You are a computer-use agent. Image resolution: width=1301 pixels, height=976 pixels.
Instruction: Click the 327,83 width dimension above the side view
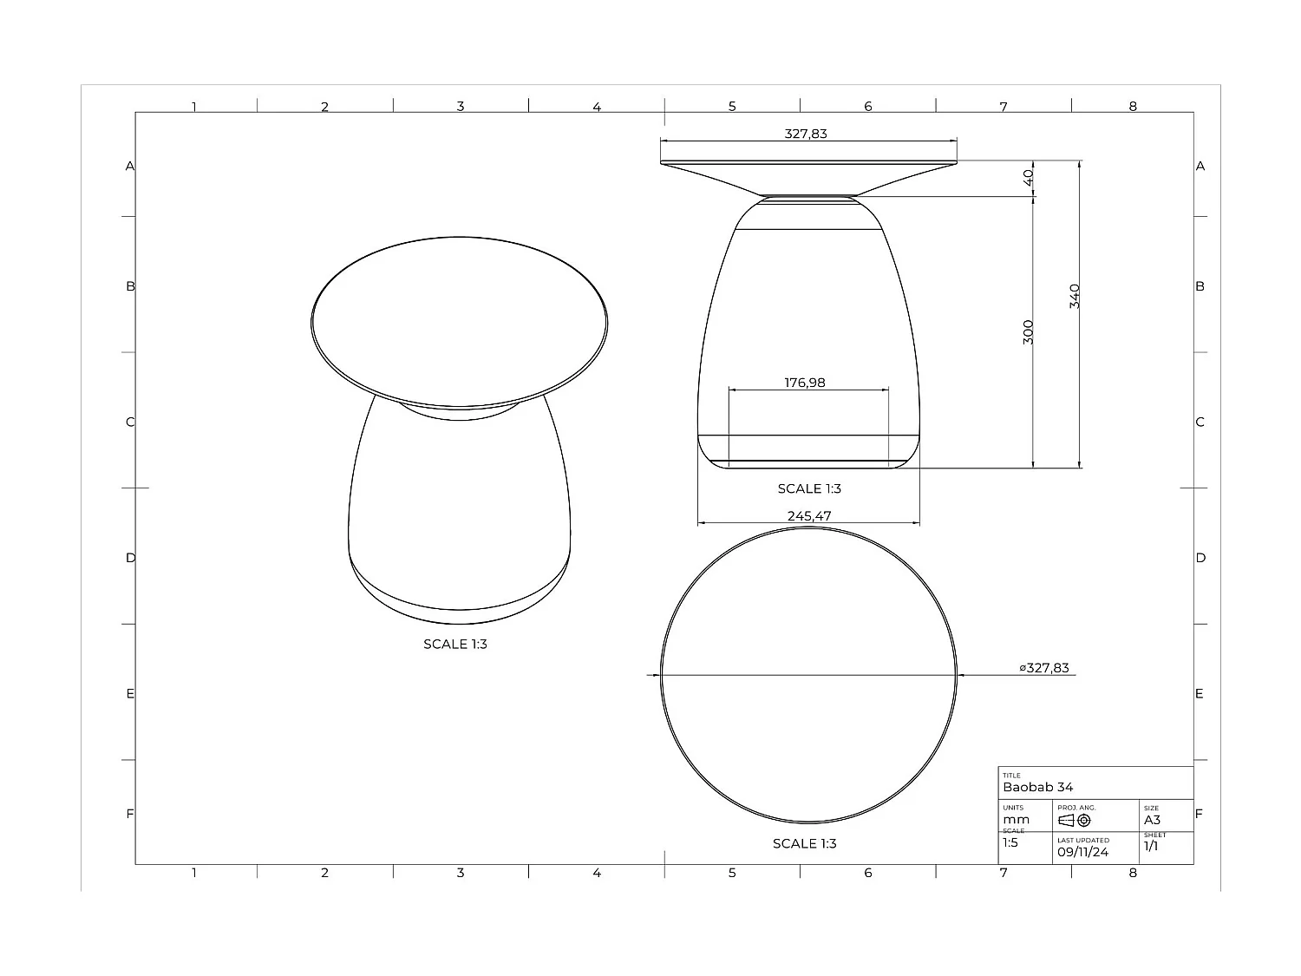(806, 134)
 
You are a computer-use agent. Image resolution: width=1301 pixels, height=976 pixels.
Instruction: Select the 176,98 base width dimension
(805, 383)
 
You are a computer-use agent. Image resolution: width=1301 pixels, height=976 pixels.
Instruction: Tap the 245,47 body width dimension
(809, 515)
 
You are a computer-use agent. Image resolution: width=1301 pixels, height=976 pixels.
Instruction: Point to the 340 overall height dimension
(1075, 296)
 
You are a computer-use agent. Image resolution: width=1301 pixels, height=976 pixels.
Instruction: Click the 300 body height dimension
(1028, 331)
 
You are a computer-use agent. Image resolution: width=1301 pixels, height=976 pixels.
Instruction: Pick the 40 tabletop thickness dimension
(1028, 176)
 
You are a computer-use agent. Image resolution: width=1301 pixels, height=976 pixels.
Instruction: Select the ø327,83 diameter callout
(1044, 668)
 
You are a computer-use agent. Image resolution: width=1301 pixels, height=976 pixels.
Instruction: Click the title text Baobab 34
(1038, 787)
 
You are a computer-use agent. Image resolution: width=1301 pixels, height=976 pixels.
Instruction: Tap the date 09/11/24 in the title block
(1082, 852)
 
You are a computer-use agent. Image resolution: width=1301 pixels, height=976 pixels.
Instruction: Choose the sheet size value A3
(1152, 820)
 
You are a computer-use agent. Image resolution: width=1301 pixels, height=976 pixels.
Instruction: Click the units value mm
(1016, 820)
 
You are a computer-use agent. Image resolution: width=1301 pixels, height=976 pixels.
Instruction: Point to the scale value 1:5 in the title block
(1010, 842)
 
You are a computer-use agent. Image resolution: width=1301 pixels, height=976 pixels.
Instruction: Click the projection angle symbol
(1075, 820)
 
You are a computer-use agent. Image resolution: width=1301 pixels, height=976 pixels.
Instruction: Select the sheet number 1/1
(1151, 846)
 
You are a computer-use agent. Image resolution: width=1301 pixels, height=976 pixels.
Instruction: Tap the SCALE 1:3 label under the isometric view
(455, 644)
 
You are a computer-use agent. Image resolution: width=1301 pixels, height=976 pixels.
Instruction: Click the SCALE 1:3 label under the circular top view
(805, 843)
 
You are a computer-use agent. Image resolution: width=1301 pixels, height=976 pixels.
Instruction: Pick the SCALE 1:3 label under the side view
(809, 488)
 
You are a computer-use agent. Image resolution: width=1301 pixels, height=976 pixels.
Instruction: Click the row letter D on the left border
(131, 558)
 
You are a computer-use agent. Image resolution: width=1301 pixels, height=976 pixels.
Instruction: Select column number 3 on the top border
(461, 106)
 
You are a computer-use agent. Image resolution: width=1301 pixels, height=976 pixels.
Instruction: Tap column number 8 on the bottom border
(1133, 873)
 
